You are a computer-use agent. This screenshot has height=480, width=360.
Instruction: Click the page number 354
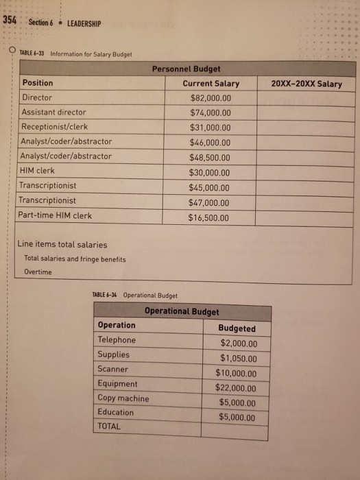[10, 21]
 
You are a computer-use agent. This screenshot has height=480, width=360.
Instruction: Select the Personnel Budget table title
[186, 69]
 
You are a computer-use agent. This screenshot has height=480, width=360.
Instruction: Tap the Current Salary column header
[211, 84]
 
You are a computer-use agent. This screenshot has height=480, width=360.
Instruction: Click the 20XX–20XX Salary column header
[307, 84]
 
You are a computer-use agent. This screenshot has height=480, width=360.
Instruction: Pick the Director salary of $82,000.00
[211, 98]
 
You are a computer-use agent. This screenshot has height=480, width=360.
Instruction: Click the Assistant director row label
[54, 112]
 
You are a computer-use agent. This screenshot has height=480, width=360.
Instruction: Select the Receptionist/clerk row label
[55, 127]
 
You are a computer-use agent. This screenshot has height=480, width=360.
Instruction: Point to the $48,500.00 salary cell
[211, 158]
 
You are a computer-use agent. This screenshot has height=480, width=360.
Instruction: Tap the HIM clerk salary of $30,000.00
[211, 173]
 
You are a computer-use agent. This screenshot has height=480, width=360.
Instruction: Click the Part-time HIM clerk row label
[56, 215]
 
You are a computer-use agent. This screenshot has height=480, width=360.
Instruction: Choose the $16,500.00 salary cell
[209, 218]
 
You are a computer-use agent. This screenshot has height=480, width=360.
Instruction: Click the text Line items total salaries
[62, 245]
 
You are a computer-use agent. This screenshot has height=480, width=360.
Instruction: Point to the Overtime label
[38, 272]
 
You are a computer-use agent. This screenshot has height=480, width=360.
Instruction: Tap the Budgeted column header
[237, 328]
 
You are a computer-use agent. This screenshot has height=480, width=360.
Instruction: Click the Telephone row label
[117, 340]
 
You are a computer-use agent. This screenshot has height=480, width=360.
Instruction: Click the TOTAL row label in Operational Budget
[109, 427]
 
